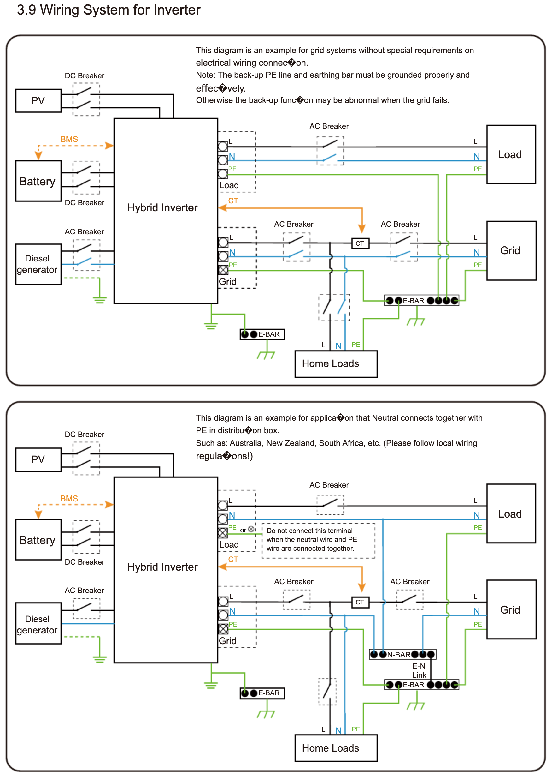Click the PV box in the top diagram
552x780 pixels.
[x=38, y=101]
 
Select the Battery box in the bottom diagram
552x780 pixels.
[x=38, y=540]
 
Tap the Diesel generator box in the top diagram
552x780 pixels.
[x=38, y=264]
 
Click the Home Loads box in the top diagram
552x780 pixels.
[x=336, y=364]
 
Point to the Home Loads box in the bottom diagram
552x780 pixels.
[x=336, y=748]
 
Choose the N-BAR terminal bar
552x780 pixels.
[x=402, y=654]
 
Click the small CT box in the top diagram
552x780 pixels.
[x=360, y=243]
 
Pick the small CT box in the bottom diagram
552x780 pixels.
[x=360, y=602]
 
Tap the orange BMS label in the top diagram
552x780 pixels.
[x=69, y=139]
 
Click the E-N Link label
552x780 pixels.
[x=419, y=670]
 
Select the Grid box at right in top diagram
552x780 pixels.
[x=511, y=251]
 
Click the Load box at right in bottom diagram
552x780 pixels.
[x=511, y=513]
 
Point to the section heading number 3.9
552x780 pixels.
[x=26, y=10]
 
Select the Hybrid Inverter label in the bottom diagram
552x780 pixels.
[x=162, y=567]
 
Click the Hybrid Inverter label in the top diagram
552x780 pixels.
[x=162, y=207]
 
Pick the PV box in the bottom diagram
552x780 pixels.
[x=38, y=459]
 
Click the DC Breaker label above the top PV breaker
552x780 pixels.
[x=84, y=75]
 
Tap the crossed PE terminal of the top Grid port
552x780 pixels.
[x=223, y=270]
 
